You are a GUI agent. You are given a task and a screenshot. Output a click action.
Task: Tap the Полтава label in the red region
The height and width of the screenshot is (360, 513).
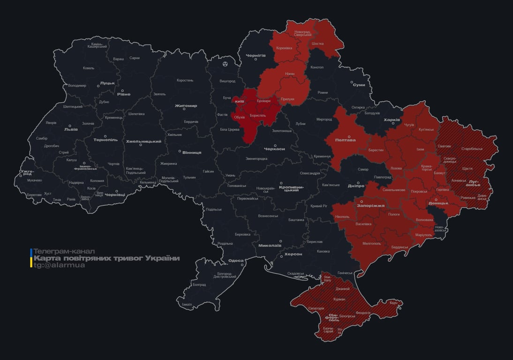click(346, 140)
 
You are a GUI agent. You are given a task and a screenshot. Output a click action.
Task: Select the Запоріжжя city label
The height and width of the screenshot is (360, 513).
click(370, 205)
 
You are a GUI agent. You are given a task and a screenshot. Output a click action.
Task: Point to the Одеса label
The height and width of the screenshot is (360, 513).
click(236, 261)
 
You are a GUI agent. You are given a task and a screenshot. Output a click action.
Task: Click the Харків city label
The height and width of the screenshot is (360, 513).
click(392, 120)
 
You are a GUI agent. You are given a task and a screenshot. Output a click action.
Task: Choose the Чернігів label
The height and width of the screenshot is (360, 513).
click(256, 55)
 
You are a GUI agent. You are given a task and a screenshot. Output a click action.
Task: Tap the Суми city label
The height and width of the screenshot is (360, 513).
click(359, 85)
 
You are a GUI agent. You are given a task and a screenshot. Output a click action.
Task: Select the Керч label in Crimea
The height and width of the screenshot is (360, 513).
click(393, 303)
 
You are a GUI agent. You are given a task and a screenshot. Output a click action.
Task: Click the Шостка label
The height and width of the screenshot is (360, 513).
click(317, 44)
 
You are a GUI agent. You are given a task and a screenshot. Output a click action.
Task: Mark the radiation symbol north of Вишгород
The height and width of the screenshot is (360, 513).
click(226, 63)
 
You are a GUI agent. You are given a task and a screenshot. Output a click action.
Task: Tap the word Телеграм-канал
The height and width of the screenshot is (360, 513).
click(64, 251)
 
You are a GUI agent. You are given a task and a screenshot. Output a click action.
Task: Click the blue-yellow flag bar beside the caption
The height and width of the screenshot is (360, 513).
click(31, 258)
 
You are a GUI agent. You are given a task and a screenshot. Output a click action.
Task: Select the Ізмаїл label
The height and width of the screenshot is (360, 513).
click(187, 304)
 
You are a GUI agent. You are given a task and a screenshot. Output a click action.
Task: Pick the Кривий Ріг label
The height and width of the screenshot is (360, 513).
click(319, 206)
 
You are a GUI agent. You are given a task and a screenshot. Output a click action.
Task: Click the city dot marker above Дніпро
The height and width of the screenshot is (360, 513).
click(357, 183)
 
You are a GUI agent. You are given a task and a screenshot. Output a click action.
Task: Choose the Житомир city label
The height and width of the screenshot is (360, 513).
click(186, 106)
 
